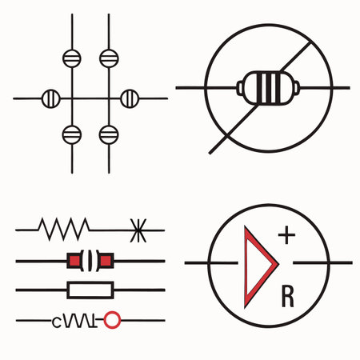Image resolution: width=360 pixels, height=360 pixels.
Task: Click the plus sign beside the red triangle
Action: tap(286, 236)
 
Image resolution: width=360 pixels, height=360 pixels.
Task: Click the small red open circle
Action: tap(113, 320)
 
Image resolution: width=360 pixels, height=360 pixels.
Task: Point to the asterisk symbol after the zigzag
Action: tap(138, 231)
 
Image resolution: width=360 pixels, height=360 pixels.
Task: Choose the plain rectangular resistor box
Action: tap(90, 290)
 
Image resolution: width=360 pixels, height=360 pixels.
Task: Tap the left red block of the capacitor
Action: tap(76, 260)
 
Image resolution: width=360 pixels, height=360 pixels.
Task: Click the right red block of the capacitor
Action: tap(106, 260)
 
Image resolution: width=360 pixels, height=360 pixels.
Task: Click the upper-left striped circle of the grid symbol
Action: tap(71, 58)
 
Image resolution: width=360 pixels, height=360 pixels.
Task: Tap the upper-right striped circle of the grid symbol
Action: tap(108, 58)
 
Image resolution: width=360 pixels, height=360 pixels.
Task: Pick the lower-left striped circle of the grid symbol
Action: tap(71, 133)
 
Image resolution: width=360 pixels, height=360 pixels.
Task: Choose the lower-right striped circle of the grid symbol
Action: tap(108, 133)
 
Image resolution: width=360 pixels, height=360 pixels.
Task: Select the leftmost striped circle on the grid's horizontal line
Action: tap(50, 98)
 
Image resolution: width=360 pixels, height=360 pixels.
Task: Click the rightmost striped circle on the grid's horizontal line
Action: tap(129, 98)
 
